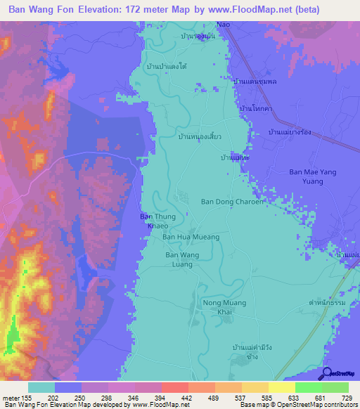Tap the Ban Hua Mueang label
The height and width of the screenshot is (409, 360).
tap(191, 238)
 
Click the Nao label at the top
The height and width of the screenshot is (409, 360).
tap(224, 25)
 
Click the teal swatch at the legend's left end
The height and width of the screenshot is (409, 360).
tap(41, 387)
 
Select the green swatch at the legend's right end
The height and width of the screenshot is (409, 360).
tap(335, 387)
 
